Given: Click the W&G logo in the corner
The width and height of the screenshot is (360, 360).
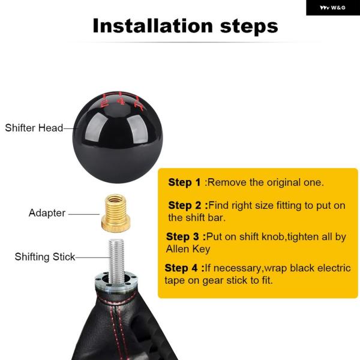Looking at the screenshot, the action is tap(332, 8).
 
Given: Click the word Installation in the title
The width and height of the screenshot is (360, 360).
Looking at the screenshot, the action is tap(152, 26).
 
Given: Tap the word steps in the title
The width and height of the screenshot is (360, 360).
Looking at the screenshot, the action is tap(249, 27).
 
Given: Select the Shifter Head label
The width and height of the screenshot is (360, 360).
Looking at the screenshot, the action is tap(34, 128).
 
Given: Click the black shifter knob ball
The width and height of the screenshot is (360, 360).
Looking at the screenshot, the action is tap(118, 137).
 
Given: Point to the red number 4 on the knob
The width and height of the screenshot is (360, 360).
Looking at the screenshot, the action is tap(121, 100).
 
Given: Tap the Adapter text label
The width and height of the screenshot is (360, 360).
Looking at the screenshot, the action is tap(47, 213).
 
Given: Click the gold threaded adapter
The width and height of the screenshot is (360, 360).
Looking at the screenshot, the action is tap(116, 213).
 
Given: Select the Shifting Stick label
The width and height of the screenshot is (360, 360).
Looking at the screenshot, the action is tap(45, 257).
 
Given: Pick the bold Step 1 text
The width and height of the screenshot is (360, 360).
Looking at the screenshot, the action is tap(184, 182).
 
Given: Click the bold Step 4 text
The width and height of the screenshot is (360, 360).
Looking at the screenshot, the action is tap(184, 268).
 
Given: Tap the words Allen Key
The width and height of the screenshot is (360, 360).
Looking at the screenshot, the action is tap(188, 249).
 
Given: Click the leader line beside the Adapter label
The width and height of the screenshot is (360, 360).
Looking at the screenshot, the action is tap(84, 214).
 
